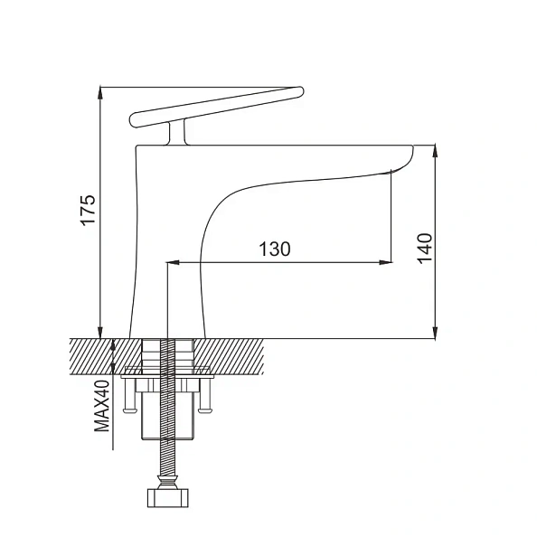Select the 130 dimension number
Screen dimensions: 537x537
point(274,250)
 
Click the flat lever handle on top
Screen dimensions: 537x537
point(217,103)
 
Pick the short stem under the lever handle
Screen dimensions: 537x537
point(175,134)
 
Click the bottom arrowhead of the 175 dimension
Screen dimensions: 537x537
point(101,331)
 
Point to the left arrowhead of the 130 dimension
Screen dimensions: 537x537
point(173,263)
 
